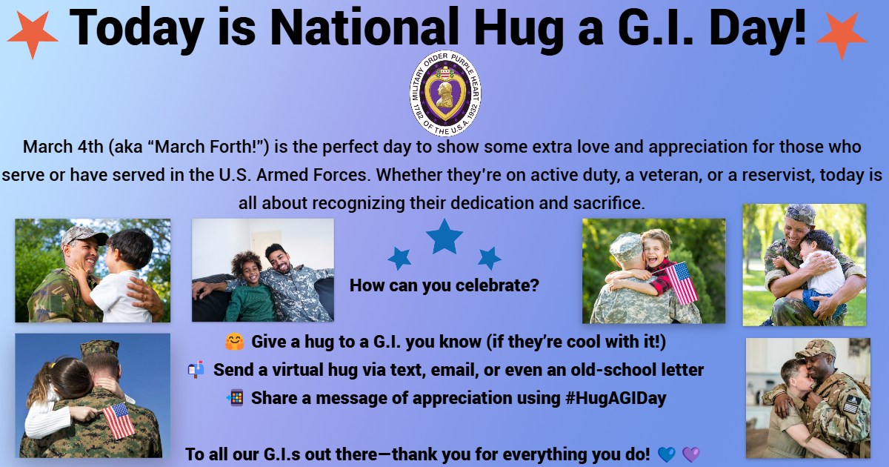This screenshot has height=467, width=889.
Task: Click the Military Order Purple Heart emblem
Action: [445, 93]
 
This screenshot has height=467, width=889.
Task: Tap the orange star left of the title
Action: [33, 35]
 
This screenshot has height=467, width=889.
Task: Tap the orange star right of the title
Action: [842, 35]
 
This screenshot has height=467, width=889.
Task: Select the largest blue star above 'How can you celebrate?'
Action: [444, 236]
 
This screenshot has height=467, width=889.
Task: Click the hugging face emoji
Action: [234, 342]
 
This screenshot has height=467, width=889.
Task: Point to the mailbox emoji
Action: [196, 369]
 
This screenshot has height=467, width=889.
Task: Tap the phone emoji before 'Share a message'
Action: [235, 397]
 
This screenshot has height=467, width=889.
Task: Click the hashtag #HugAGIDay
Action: [616, 398]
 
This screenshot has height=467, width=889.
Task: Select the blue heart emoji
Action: [667, 454]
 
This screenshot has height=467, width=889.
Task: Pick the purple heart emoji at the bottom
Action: [691, 454]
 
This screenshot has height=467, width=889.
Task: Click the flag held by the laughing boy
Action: [681, 282]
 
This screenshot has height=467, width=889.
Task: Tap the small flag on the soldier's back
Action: [119, 420]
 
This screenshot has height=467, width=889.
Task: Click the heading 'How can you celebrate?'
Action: [444, 285]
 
